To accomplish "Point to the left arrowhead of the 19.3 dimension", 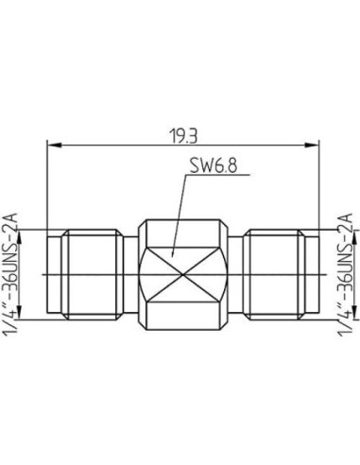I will pyautogui.click(x=53, y=146).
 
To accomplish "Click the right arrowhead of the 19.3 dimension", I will pyautogui.click(x=312, y=146).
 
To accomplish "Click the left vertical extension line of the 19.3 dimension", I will pyautogui.click(x=47, y=189).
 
